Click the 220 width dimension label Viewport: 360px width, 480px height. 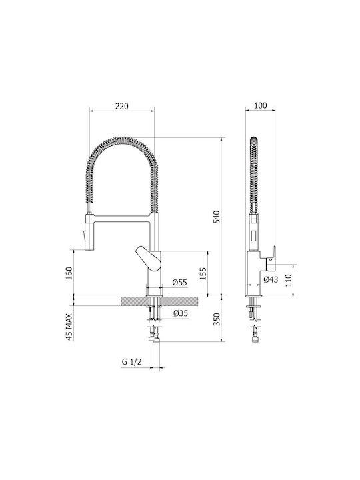122,106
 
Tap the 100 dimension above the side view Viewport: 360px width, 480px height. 261,105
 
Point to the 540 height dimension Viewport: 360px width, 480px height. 216,217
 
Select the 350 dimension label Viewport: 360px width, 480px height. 216,319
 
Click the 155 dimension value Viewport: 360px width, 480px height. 203,274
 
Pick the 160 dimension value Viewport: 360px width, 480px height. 69,273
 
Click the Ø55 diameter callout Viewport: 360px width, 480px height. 179,282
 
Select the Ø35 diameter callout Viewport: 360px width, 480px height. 180,313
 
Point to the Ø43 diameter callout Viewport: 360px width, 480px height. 271,279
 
